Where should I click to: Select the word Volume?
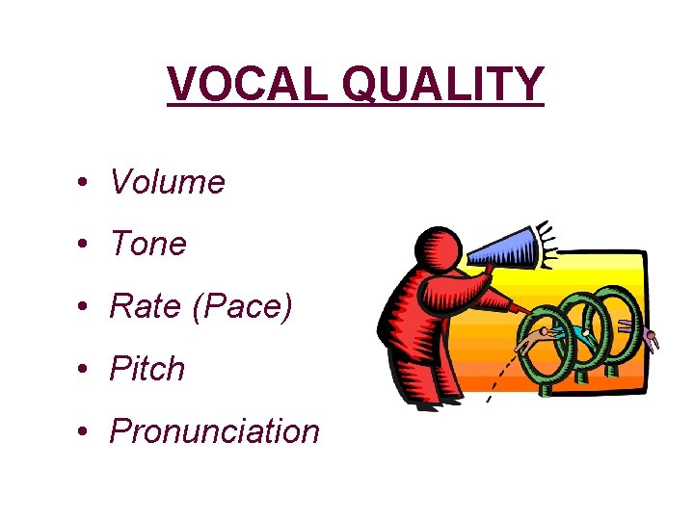167,182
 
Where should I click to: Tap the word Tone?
147,245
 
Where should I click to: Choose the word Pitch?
147,369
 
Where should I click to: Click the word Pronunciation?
214,431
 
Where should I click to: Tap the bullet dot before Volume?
86,182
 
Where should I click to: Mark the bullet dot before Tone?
86,245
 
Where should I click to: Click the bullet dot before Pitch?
86,369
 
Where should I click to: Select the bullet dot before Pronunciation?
86,431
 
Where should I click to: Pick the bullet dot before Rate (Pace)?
86,307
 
